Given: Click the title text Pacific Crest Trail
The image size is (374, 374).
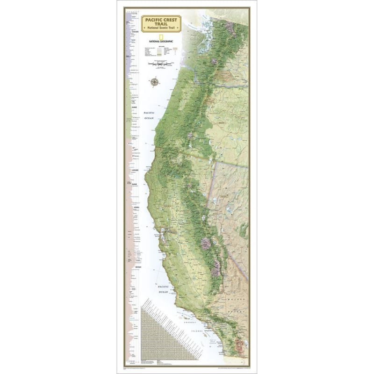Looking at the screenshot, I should click(x=161, y=22).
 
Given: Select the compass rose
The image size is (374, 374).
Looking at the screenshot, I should click(x=155, y=82).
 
